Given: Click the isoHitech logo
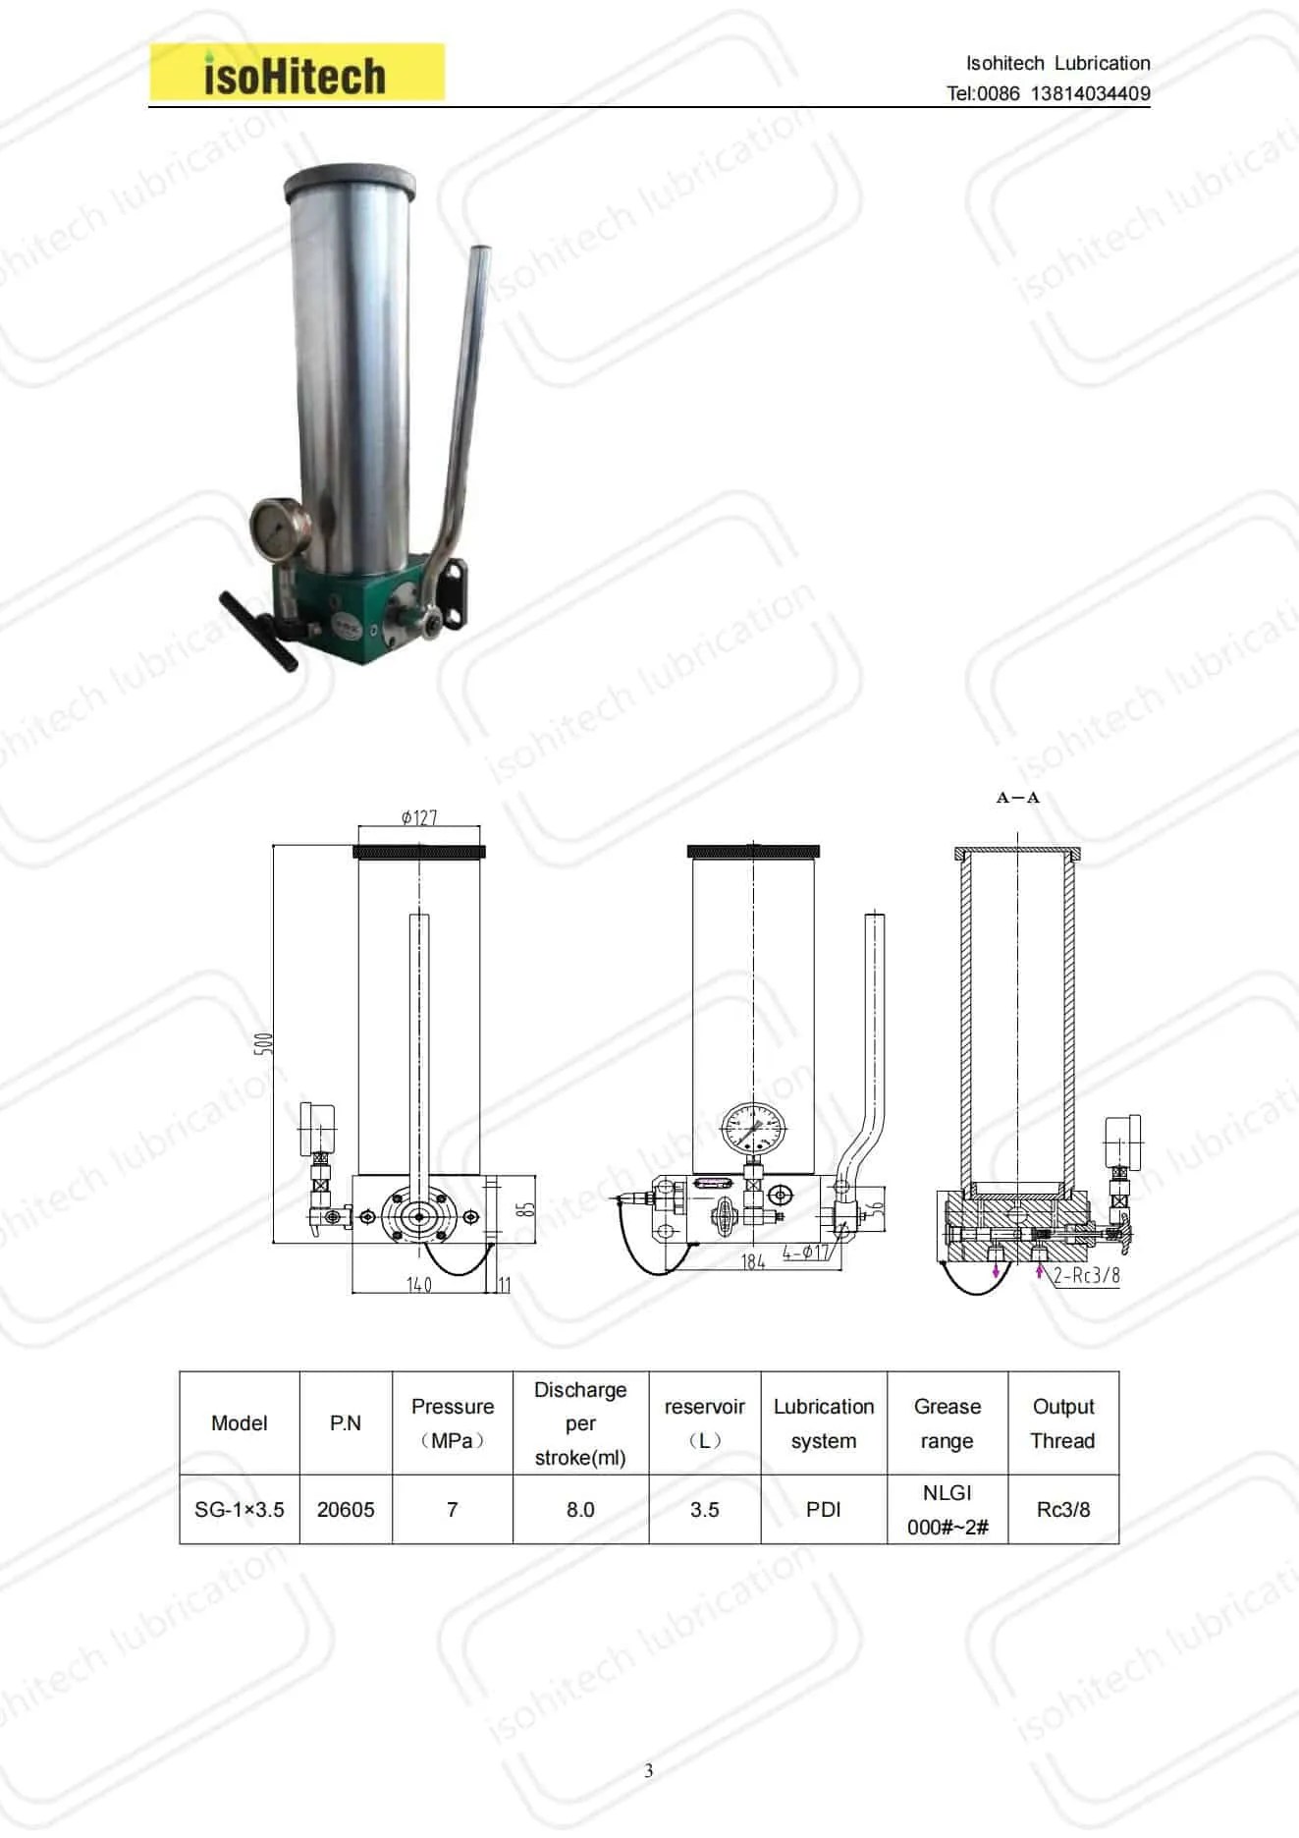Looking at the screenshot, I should (x=296, y=74).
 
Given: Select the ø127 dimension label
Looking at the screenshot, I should (x=419, y=817).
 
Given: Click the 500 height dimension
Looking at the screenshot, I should (x=263, y=1043).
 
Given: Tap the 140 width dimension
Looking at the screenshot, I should (x=419, y=1284).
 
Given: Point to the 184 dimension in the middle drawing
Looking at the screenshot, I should (x=753, y=1261).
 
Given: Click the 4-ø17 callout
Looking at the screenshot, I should (x=806, y=1253).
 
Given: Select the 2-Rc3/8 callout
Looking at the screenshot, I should (x=1086, y=1275).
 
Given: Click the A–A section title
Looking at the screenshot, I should (x=1017, y=798).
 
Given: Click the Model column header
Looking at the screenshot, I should (x=239, y=1422).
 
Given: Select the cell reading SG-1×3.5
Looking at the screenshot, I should (x=239, y=1509).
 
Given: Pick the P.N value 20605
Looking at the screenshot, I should (x=346, y=1509).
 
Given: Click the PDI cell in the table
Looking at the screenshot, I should (x=823, y=1509).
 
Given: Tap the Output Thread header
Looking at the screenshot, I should (x=1062, y=1422).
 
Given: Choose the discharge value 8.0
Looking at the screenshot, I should (x=580, y=1509).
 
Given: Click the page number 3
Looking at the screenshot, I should (x=648, y=1771).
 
